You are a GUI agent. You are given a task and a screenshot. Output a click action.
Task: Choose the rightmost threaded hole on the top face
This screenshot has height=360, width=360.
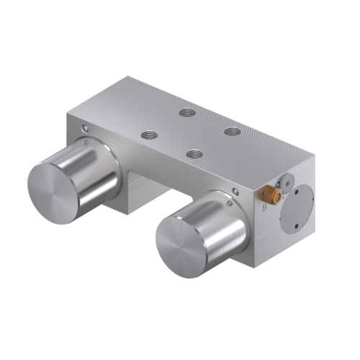[x=231, y=131]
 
